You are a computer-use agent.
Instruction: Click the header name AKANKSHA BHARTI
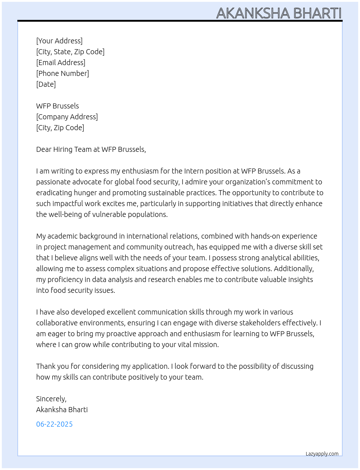click(279, 13)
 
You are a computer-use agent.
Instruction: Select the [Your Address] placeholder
click(59, 41)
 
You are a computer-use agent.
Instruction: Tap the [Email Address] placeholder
click(61, 63)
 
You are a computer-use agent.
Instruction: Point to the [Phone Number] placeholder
click(63, 73)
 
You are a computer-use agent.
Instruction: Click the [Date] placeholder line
click(46, 84)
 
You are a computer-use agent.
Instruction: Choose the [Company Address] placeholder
click(67, 117)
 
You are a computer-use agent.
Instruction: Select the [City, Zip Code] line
click(60, 128)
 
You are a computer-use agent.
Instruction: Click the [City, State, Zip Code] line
click(70, 52)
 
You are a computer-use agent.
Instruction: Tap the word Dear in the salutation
click(44, 149)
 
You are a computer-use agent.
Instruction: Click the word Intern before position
click(194, 171)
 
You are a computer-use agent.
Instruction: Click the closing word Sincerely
click(51, 399)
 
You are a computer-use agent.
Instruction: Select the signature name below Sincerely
click(62, 410)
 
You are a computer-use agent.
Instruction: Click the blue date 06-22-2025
click(54, 424)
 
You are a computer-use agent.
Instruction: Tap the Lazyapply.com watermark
click(322, 454)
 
